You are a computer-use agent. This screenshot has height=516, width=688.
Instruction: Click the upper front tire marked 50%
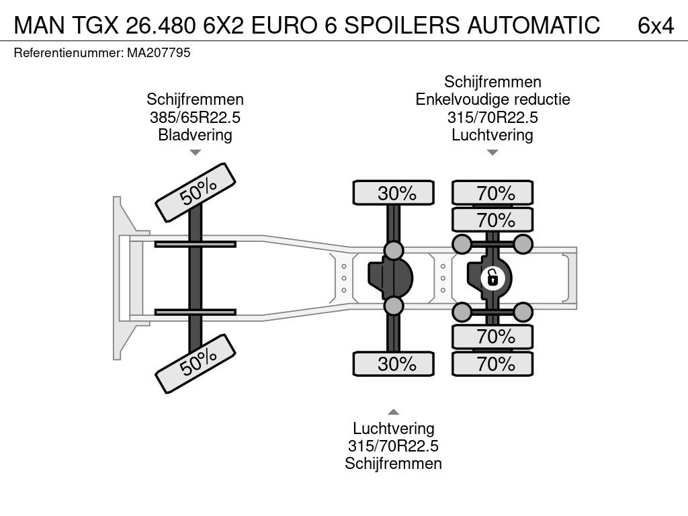[x=196, y=193]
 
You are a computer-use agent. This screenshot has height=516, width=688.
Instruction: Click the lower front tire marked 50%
[x=196, y=363]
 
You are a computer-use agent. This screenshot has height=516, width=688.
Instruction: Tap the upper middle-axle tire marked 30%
[x=394, y=193]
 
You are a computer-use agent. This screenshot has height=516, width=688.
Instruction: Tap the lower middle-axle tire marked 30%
[x=394, y=363]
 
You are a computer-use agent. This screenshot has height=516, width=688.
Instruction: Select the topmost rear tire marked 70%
[x=492, y=193]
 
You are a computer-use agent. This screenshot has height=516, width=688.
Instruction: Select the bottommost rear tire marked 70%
[x=492, y=363]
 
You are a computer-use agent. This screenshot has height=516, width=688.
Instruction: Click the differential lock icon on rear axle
[x=492, y=277]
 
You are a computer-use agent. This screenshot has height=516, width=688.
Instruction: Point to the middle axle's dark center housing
[x=390, y=278]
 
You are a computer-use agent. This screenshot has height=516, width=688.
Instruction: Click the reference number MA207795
[x=159, y=53]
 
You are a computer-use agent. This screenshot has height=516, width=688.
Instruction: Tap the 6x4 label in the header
[x=656, y=26]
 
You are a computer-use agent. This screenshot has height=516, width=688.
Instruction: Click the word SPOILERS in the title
[x=402, y=25]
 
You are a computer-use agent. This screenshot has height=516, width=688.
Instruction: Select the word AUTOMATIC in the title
[x=533, y=25]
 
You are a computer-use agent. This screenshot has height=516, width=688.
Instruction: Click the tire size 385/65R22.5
[x=196, y=118]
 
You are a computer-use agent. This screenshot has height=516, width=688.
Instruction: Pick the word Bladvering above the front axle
[x=196, y=134]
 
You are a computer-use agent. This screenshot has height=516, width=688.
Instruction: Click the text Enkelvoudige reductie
[x=492, y=99]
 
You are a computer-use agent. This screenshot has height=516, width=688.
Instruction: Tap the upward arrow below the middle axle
[x=394, y=412]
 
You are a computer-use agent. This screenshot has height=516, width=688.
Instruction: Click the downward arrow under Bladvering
[x=196, y=153]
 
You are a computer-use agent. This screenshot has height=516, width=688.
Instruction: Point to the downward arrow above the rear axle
[x=492, y=153]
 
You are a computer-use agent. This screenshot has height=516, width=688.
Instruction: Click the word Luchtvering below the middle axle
[x=394, y=428]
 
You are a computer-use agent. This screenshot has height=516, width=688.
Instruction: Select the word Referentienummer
[x=69, y=53]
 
